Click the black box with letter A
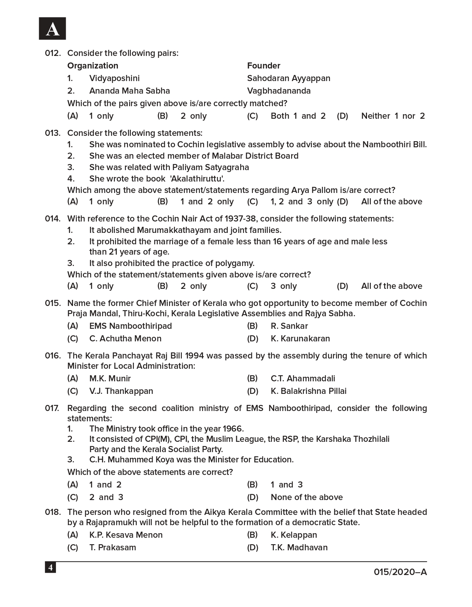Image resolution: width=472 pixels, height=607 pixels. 52,29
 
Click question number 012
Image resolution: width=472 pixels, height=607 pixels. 52,53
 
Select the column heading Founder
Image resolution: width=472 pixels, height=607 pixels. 263,65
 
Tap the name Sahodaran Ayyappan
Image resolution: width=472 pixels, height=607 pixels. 288,78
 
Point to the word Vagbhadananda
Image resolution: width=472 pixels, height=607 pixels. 278,91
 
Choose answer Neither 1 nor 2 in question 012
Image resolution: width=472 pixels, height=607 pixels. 393,116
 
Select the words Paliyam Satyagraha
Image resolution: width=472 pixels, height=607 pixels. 210,167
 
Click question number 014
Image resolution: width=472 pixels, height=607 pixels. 52,218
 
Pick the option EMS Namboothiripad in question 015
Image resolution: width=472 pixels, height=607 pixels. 130,326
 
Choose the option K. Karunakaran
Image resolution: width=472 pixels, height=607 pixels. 300,338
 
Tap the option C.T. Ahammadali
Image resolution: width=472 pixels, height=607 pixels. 303,378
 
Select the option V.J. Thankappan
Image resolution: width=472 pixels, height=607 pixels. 121,391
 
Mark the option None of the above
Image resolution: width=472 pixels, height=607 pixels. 307,497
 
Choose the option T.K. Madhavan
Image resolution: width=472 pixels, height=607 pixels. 299,547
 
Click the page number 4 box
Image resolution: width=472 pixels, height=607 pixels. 50,567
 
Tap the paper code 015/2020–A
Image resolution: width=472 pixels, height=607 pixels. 400,572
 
